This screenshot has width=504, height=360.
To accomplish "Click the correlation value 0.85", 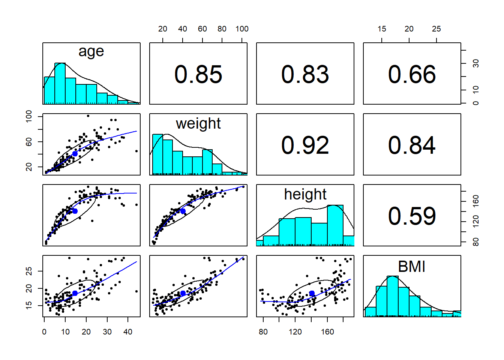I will click(198, 74).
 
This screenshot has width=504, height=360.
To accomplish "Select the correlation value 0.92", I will click(305, 145).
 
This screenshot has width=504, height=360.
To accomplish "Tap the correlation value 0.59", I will click(412, 216).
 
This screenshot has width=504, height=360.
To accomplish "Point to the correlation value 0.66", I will click(412, 74).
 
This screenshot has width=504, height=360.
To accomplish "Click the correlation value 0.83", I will click(305, 74).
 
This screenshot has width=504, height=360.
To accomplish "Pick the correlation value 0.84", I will click(412, 145).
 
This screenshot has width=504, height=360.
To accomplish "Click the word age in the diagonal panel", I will click(91, 52).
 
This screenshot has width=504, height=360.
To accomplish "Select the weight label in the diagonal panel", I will click(198, 123).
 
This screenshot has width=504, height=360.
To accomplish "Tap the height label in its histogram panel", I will click(305, 194).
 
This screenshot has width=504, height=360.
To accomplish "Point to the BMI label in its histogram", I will click(411, 267).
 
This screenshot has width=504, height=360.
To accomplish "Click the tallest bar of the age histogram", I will click(60, 83).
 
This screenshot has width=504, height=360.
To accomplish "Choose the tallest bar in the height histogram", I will click(335, 225).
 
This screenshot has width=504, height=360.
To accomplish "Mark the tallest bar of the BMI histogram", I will click(392, 296).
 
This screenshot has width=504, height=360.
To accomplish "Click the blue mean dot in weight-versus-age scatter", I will click(75, 154).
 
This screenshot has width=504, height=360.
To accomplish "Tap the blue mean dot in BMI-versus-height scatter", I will click(312, 293).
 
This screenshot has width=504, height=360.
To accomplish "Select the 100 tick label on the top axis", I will click(242, 29).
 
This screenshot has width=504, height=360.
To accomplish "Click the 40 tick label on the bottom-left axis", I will click(128, 332).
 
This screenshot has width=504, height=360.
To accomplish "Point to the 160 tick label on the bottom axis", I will click(327, 332).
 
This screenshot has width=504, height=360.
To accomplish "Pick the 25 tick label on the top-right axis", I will click(436, 29).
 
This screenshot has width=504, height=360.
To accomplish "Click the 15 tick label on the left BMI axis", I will click(29, 305).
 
